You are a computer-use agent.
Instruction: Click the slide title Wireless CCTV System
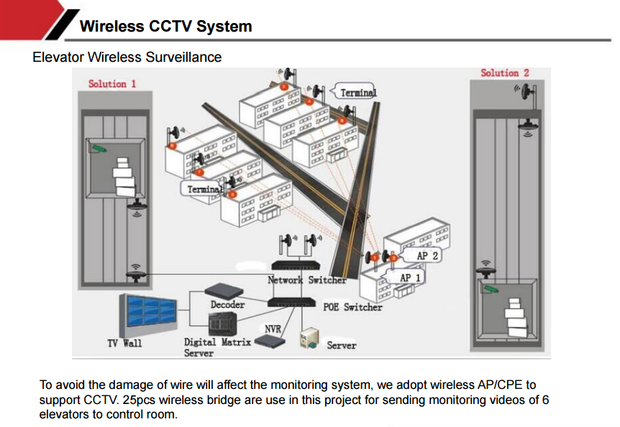click(x=165, y=27)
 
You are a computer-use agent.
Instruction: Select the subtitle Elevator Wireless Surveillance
click(x=127, y=57)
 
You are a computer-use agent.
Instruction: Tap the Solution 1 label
click(x=112, y=83)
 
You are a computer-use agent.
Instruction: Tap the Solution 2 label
click(x=504, y=73)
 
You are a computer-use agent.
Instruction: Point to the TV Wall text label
click(x=124, y=343)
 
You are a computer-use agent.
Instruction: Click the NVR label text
click(x=273, y=329)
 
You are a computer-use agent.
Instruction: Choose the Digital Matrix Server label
click(x=216, y=348)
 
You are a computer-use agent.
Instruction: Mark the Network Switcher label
click(x=307, y=280)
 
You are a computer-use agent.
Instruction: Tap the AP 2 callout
click(x=427, y=255)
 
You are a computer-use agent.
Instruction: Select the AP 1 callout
click(x=411, y=277)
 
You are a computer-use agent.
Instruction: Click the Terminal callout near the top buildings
click(x=357, y=93)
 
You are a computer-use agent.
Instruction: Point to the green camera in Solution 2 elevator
click(x=491, y=289)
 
